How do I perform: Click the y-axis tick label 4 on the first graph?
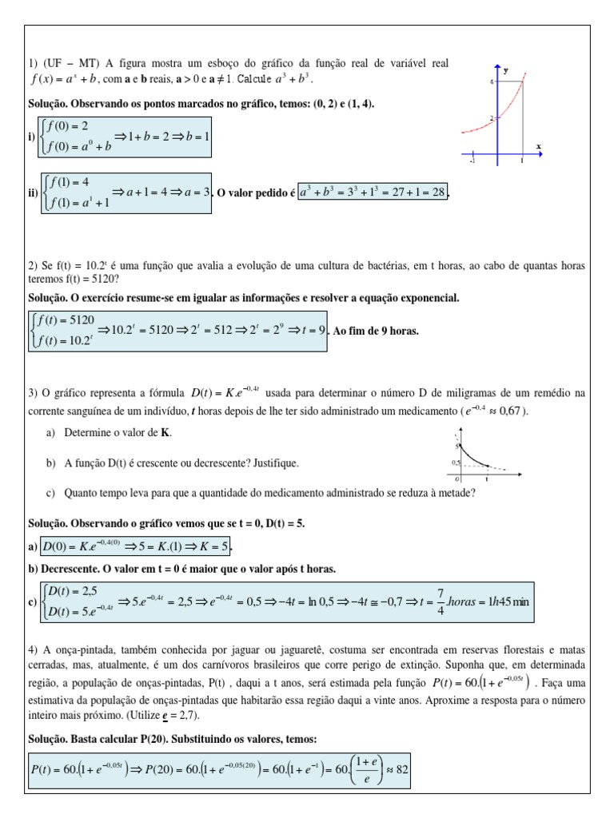491,81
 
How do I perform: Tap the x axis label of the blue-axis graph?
538,146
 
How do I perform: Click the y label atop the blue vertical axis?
505,71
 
